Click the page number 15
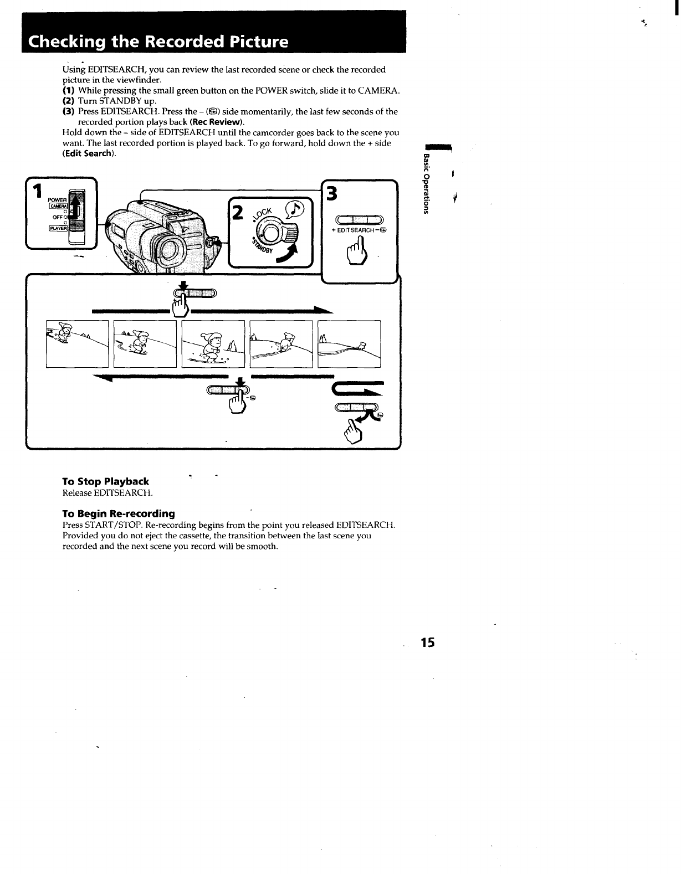(428, 642)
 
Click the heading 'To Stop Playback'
(105, 482)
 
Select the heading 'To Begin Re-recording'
(118, 513)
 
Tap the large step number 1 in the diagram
(37, 192)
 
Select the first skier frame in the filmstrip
(77, 343)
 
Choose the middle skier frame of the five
(213, 343)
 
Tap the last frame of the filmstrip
(349, 343)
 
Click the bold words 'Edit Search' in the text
(88, 153)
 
